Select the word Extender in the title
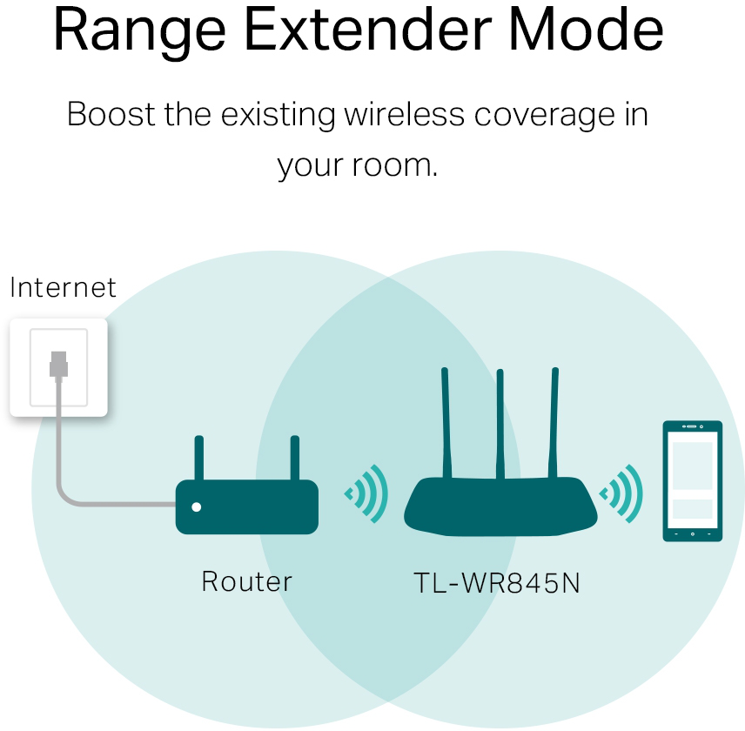click(x=366, y=31)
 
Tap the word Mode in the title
click(x=586, y=31)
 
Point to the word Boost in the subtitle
click(x=109, y=115)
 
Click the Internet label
click(x=63, y=287)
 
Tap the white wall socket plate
click(x=58, y=366)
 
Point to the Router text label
click(x=246, y=581)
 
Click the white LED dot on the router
click(x=197, y=506)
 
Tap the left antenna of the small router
click(x=199, y=458)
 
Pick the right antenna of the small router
click(x=294, y=458)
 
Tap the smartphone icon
click(x=692, y=480)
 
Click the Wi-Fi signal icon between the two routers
click(x=366, y=494)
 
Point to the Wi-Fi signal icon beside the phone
click(x=621, y=494)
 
